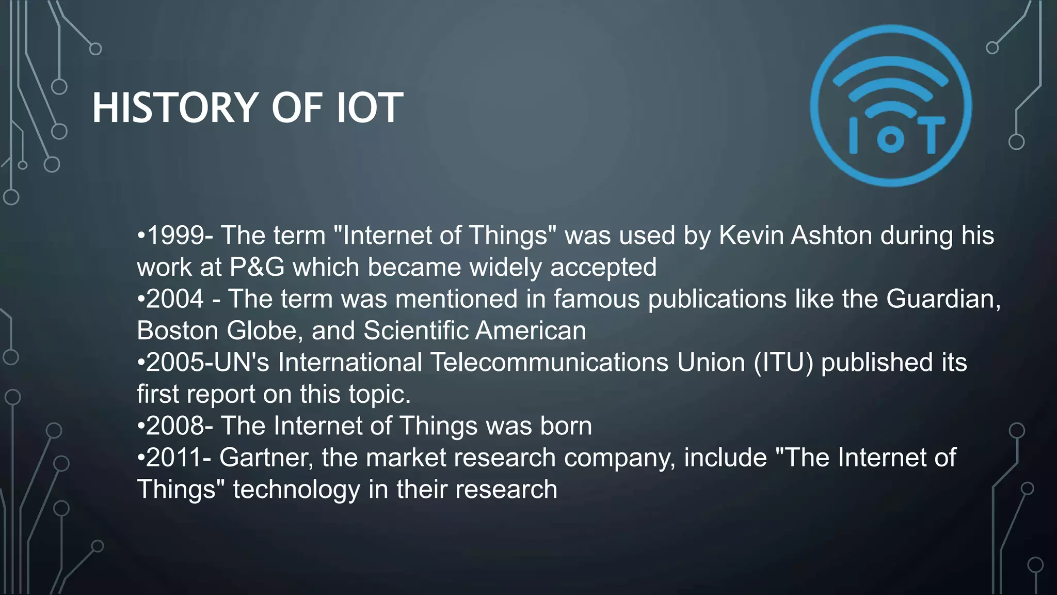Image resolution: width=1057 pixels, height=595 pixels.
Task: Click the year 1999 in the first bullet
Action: pyautogui.click(x=175, y=236)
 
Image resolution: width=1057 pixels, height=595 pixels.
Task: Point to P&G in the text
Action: pyautogui.click(x=257, y=268)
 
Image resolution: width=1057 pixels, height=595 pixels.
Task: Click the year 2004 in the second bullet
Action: pyautogui.click(x=175, y=299)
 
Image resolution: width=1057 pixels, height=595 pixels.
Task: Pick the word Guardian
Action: pyautogui.click(x=943, y=299)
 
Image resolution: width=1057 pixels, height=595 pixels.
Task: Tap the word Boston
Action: pyautogui.click(x=178, y=331)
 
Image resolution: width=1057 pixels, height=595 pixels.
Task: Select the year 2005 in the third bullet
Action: pyautogui.click(x=175, y=363)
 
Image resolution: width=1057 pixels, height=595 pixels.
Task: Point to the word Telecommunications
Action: pyautogui.click(x=549, y=363)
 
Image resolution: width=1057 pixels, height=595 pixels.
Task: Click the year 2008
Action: pyautogui.click(x=175, y=426)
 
